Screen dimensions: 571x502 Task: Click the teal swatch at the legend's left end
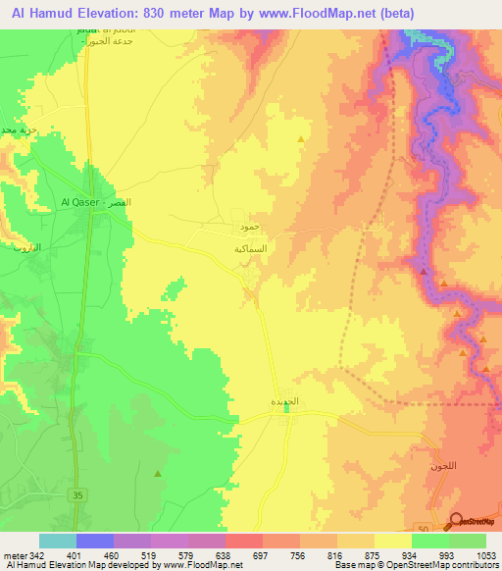[x=58, y=541]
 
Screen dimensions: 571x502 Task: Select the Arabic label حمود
[x=249, y=227]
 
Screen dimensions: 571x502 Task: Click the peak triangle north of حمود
[x=300, y=138]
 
